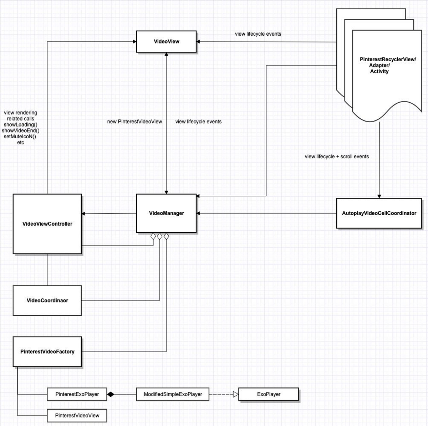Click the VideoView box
(166, 42)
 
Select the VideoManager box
(166, 213)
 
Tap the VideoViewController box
(47, 224)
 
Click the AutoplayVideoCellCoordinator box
(379, 213)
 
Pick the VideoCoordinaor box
(47, 301)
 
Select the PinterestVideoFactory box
(47, 351)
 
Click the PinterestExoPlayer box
(77, 394)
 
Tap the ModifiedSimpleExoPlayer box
(173, 394)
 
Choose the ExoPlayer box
(269, 394)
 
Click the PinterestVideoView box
(77, 415)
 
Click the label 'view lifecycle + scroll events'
(337, 156)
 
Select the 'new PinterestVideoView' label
(134, 122)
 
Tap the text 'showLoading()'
(21, 125)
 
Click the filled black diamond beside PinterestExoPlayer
(111, 394)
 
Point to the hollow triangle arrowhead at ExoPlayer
(235, 394)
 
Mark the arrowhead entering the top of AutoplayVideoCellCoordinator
(379, 196)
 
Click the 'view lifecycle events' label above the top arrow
(258, 34)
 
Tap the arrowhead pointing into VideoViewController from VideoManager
(83, 214)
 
